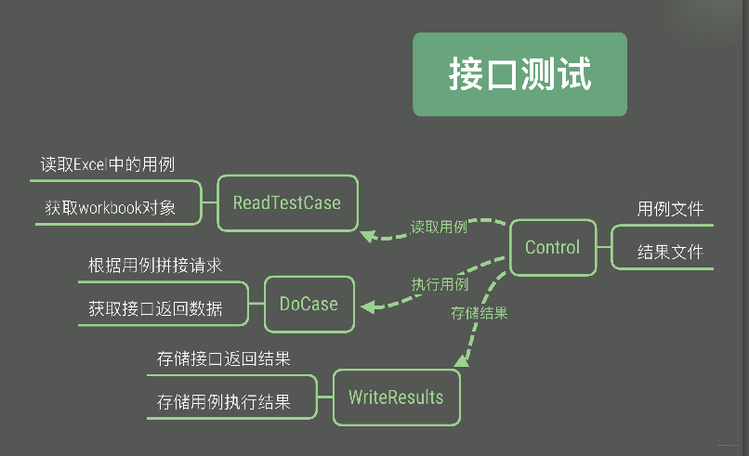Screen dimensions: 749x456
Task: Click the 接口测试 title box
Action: pyautogui.click(x=519, y=75)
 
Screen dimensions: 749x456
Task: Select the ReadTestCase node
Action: pyautogui.click(x=286, y=202)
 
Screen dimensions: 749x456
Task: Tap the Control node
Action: pyautogui.click(x=552, y=247)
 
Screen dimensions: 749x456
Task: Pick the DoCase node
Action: pyautogui.click(x=309, y=304)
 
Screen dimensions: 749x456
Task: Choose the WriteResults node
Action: pyautogui.click(x=396, y=397)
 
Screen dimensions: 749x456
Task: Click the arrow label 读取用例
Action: pyautogui.click(x=439, y=227)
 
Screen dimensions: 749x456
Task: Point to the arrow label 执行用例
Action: pyautogui.click(x=440, y=284)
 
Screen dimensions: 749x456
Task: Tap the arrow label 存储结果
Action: pyautogui.click(x=480, y=313)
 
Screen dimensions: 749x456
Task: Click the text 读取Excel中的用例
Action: pyautogui.click(x=108, y=164)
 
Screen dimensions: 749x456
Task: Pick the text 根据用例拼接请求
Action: pyautogui.click(x=155, y=266)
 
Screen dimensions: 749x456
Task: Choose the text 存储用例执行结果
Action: pyautogui.click(x=224, y=402)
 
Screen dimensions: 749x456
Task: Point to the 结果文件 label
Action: pyautogui.click(x=670, y=252)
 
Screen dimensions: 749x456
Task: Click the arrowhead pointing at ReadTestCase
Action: pyautogui.click(x=368, y=235)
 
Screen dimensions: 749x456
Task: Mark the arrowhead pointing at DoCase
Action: pyautogui.click(x=367, y=306)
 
